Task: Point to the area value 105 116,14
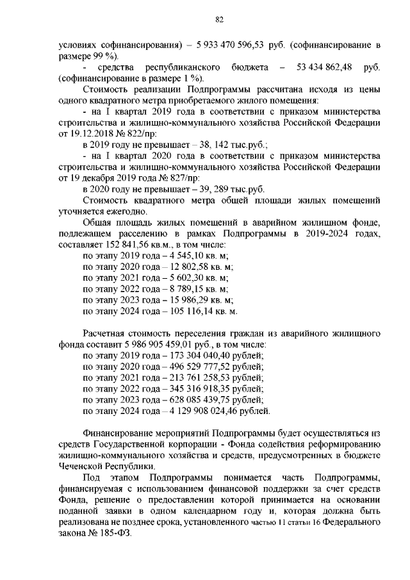click(x=188, y=311)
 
